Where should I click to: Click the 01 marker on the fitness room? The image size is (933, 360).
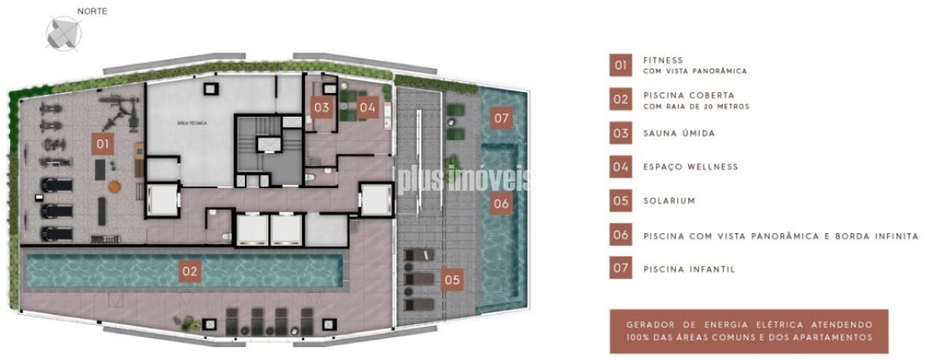pyautogui.click(x=103, y=144)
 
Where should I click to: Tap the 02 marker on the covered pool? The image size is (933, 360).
pyautogui.click(x=190, y=271)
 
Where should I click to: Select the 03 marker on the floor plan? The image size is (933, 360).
pyautogui.click(x=321, y=108)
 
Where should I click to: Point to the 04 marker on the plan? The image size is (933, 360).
pyautogui.click(x=367, y=108)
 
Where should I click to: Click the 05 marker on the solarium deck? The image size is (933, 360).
pyautogui.click(x=452, y=280)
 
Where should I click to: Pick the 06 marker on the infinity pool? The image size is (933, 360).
pyautogui.click(x=501, y=203)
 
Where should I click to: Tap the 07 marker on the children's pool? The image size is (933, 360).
pyautogui.click(x=501, y=118)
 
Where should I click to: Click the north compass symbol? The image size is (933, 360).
pyautogui.click(x=63, y=34)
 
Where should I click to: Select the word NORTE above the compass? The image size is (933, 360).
pyautogui.click(x=92, y=11)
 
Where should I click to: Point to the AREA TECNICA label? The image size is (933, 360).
pyautogui.click(x=192, y=123)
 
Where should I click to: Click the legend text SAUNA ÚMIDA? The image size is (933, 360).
pyautogui.click(x=679, y=133)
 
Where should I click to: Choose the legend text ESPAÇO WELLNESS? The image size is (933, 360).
pyautogui.click(x=690, y=167)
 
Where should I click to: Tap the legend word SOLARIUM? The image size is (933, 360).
pyautogui.click(x=669, y=201)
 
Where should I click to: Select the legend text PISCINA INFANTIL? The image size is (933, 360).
pyautogui.click(x=690, y=269)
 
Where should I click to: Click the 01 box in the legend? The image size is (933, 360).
pyautogui.click(x=620, y=66)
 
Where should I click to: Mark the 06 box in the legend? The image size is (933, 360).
pyautogui.click(x=620, y=235)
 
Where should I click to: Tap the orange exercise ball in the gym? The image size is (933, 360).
pyautogui.click(x=114, y=187)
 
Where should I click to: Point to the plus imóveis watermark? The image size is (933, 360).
pyautogui.click(x=466, y=180)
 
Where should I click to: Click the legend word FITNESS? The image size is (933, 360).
pyautogui.click(x=663, y=60)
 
